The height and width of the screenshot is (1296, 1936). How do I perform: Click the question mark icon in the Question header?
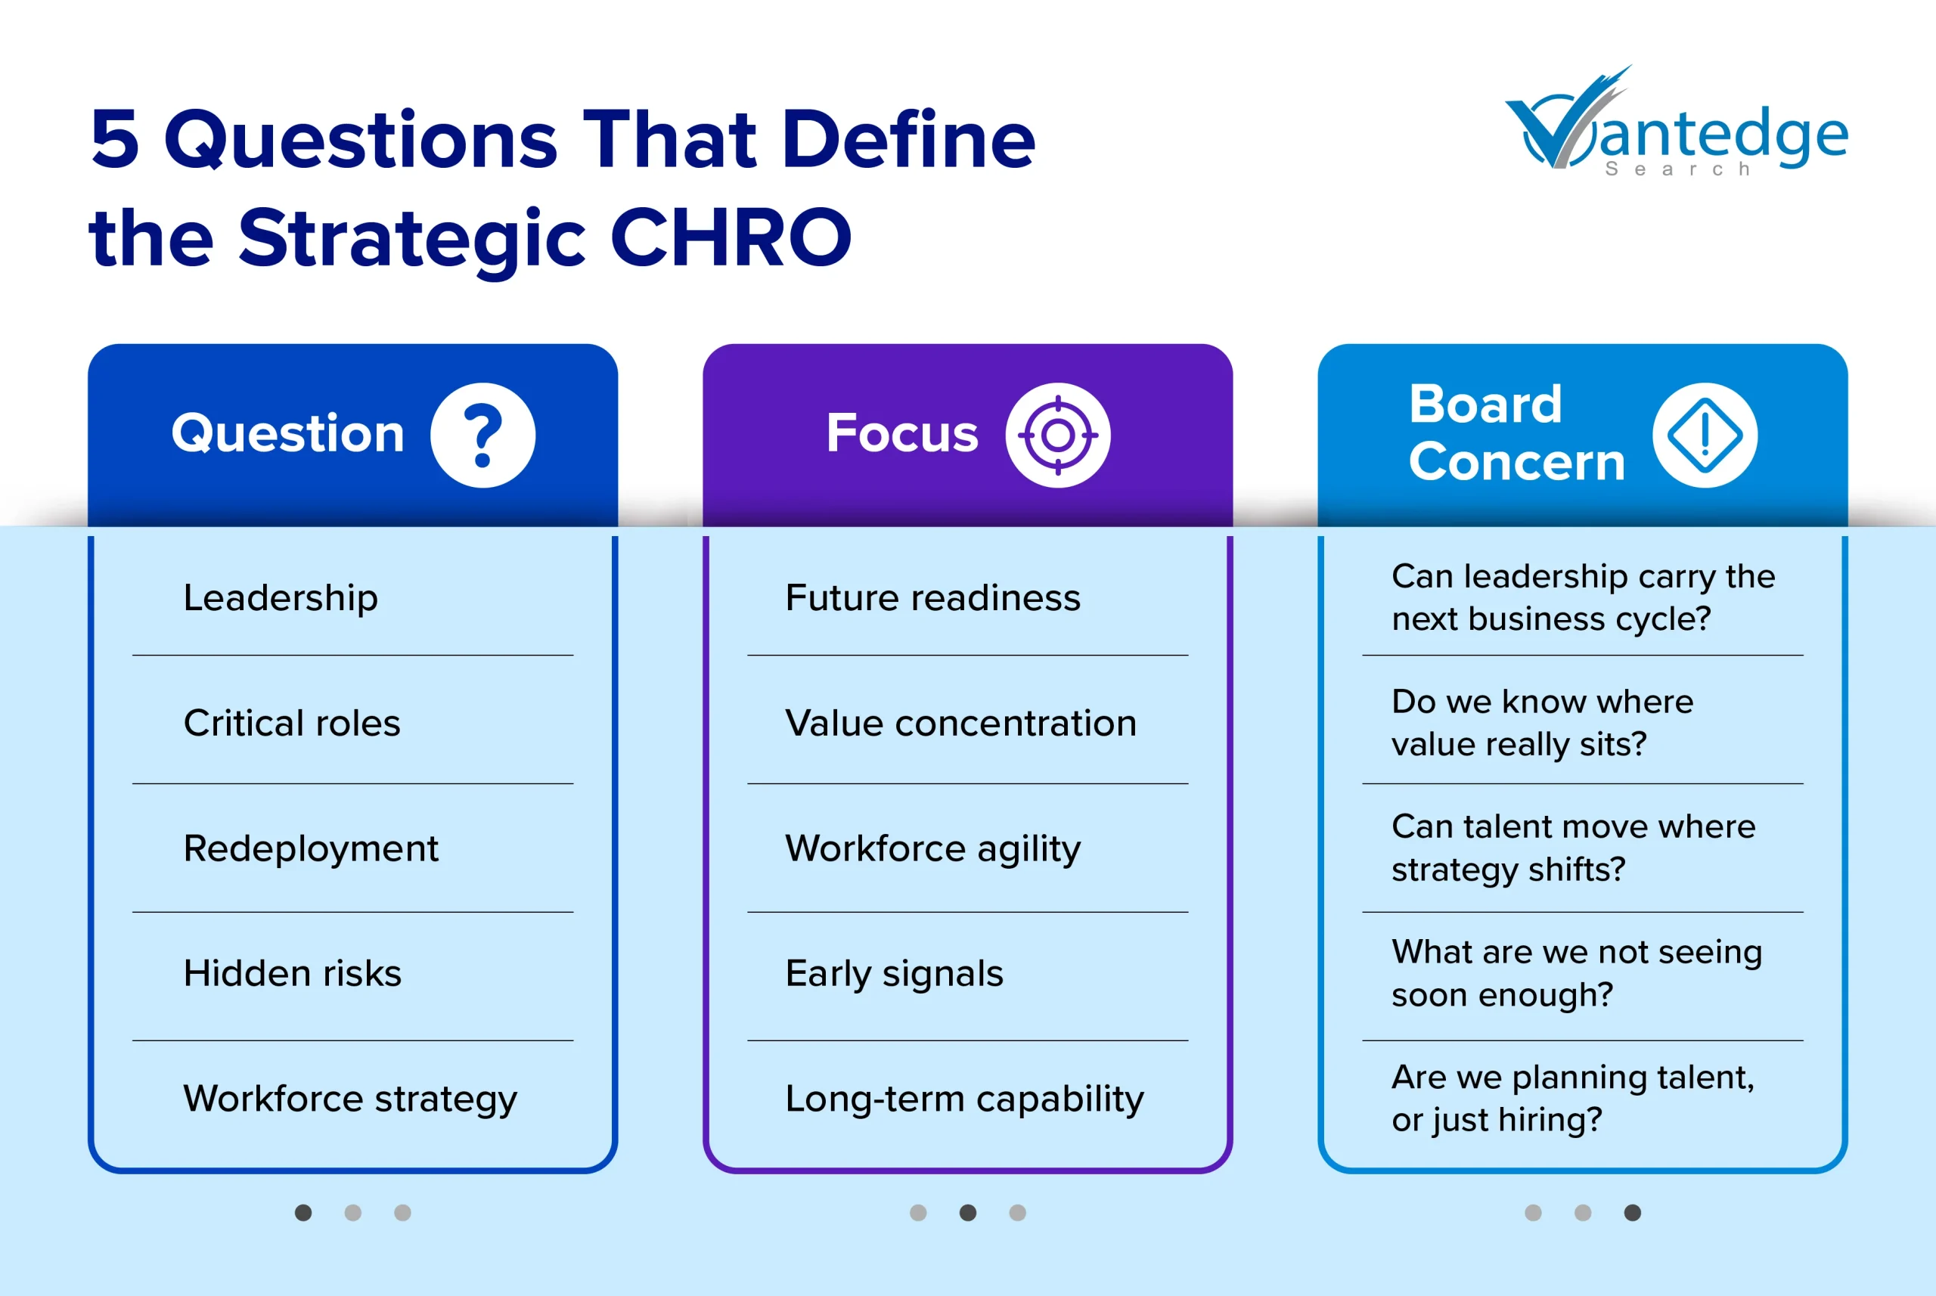[x=482, y=435]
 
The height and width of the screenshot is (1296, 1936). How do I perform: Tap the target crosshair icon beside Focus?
[x=1057, y=435]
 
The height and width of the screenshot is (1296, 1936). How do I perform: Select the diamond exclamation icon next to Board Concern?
[x=1705, y=435]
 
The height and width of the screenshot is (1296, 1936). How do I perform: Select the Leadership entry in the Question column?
[x=281, y=597]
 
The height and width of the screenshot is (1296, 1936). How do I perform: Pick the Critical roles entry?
[x=291, y=723]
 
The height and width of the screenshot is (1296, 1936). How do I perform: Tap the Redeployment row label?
[x=310, y=849]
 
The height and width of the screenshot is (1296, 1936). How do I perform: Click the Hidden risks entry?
[x=292, y=974]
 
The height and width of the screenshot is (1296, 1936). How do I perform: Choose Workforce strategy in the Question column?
[x=349, y=1099]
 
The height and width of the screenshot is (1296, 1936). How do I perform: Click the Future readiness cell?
[x=932, y=597]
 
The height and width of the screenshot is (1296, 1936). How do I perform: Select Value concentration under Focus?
[x=960, y=723]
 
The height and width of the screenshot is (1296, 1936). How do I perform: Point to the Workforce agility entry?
[x=932, y=849]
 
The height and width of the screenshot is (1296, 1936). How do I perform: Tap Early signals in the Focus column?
[x=894, y=974]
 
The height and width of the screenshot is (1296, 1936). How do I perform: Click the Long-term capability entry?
[x=964, y=1099]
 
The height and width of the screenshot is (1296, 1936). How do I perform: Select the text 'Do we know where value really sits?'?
[x=1542, y=722]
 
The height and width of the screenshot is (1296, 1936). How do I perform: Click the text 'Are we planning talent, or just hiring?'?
[x=1571, y=1099]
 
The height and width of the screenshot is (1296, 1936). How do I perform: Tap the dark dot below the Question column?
[x=303, y=1213]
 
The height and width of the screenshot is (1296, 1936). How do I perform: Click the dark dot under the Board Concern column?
[x=1633, y=1213]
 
